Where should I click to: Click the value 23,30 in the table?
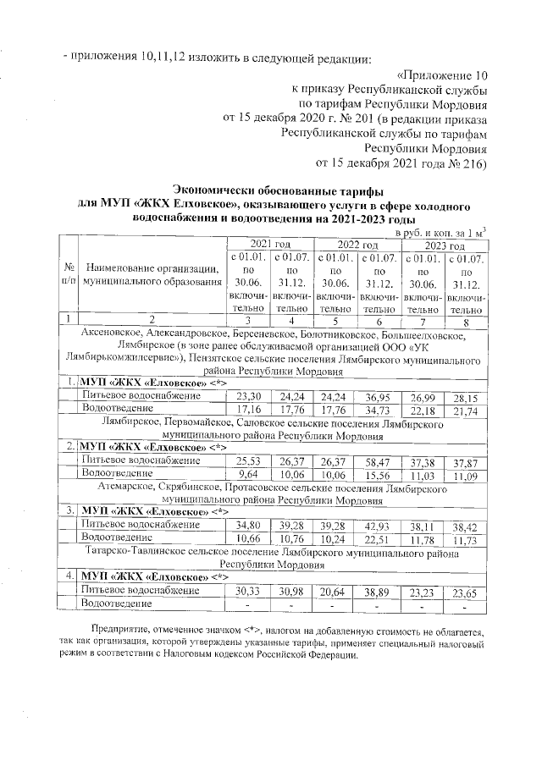(247, 396)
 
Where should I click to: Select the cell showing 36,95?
(378, 396)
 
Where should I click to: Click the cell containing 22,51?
(378, 540)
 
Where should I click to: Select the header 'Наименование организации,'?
(152, 268)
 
